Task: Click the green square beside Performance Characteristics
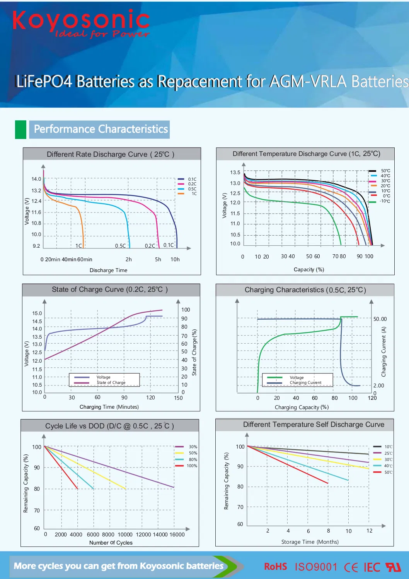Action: [x=20, y=129]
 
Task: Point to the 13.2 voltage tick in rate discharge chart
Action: [x=36, y=190]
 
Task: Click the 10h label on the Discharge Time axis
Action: [x=175, y=259]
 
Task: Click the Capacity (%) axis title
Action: [x=309, y=269]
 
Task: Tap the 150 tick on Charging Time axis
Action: [x=178, y=397]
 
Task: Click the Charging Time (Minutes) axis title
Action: [x=109, y=407]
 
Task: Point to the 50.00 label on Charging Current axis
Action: [x=380, y=319]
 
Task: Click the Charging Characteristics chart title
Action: [x=305, y=290]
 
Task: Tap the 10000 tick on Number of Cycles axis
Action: [x=125, y=534]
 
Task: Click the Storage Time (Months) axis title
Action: [x=310, y=542]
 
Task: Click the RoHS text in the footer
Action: [x=275, y=567]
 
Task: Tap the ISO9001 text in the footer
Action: [x=316, y=567]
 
